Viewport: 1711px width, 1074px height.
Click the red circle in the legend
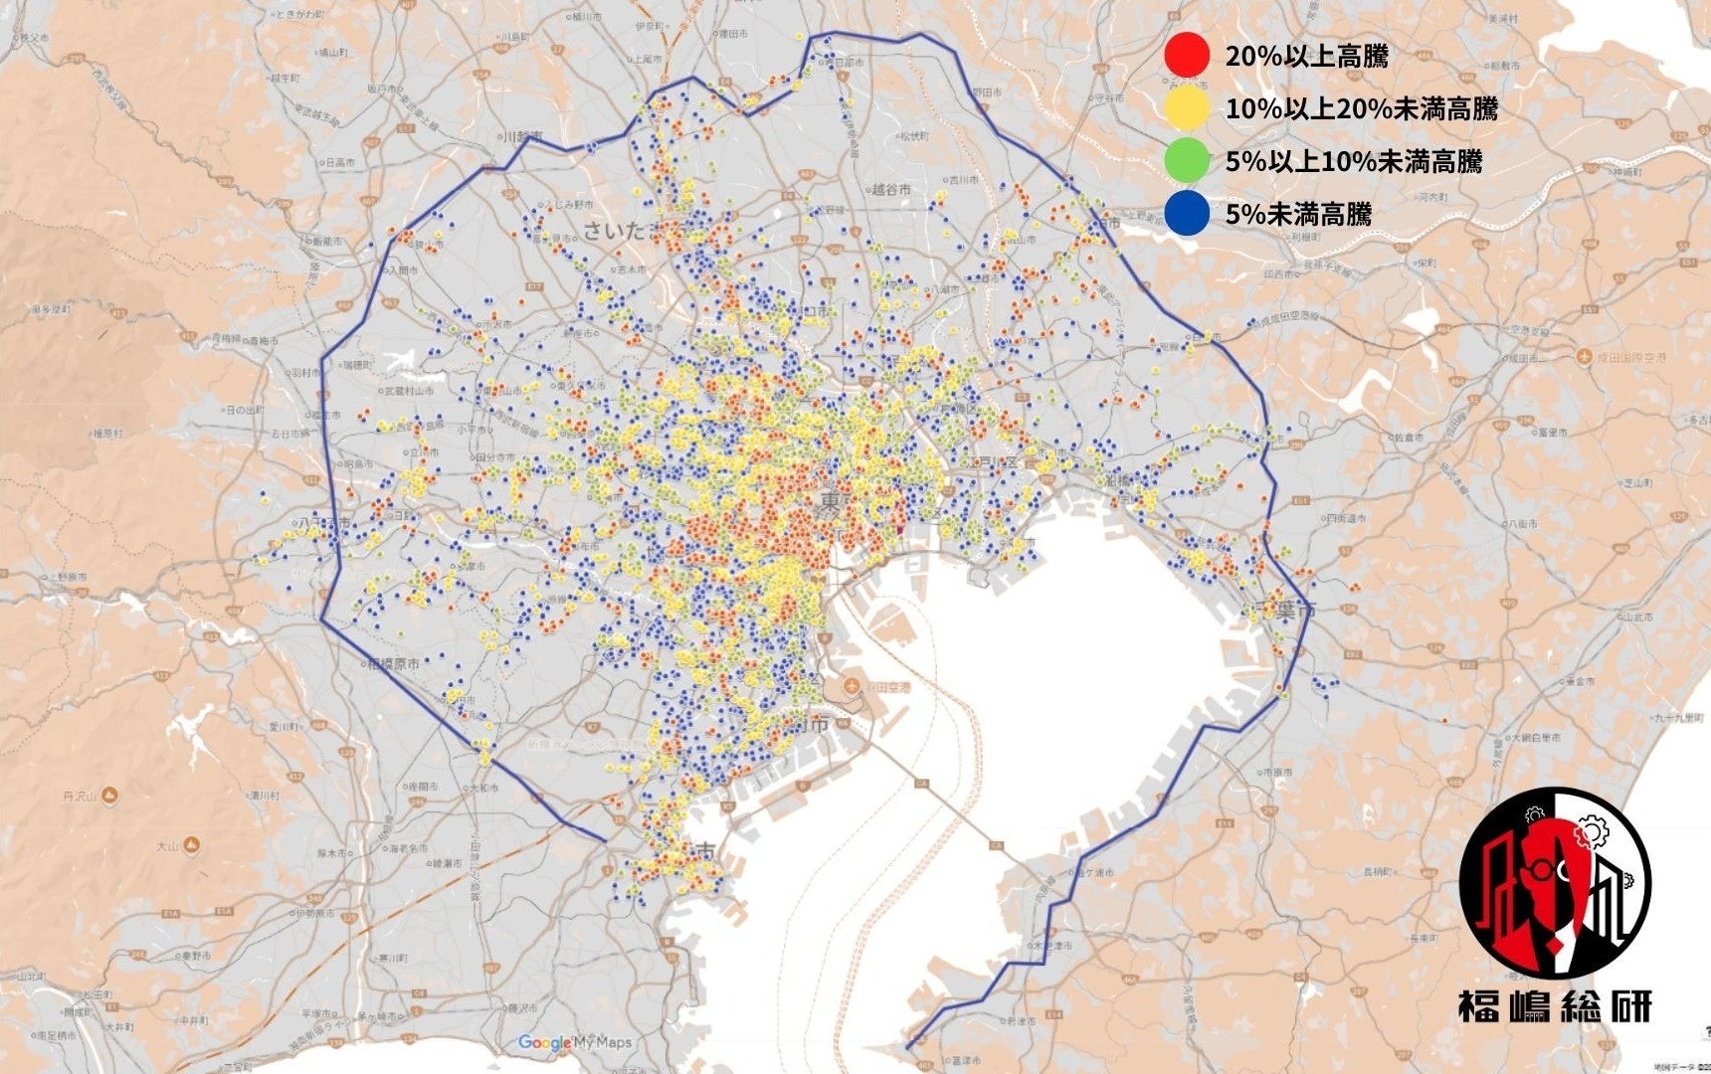pyautogui.click(x=1187, y=56)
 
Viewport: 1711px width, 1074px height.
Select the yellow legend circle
pyautogui.click(x=1187, y=108)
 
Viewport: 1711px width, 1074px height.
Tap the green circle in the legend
pyautogui.click(x=1187, y=161)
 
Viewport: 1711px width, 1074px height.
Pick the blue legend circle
pyautogui.click(x=1187, y=214)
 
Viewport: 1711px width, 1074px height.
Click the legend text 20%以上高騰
pyautogui.click(x=1306, y=56)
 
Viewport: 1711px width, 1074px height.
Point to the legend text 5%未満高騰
pyautogui.click(x=1298, y=214)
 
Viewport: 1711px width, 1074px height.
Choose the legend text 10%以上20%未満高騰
pyautogui.click(x=1361, y=108)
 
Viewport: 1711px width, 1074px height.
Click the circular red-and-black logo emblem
pyautogui.click(x=1554, y=884)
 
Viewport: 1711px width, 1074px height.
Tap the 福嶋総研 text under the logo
pyautogui.click(x=1554, y=1006)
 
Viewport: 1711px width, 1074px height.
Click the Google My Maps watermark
pyautogui.click(x=575, y=1042)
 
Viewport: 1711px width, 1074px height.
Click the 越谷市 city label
pyautogui.click(x=891, y=189)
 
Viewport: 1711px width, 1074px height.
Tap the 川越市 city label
pyautogui.click(x=523, y=136)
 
